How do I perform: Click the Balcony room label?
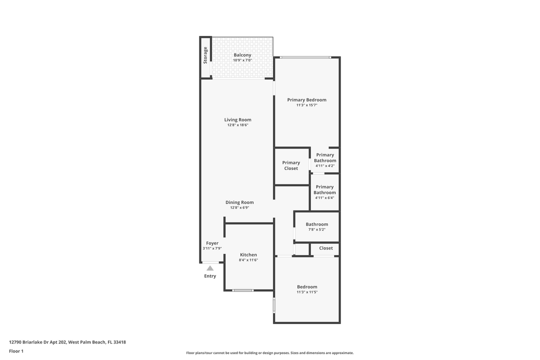pyautogui.click(x=242, y=55)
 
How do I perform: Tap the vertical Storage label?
pyautogui.click(x=205, y=55)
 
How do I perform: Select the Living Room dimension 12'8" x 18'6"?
pyautogui.click(x=237, y=125)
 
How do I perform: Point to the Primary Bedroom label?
pyautogui.click(x=306, y=100)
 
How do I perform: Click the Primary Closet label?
pyautogui.click(x=291, y=165)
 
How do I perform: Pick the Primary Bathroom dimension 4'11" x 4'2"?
pyautogui.click(x=325, y=166)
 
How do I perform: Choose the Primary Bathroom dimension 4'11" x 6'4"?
pyautogui.click(x=324, y=198)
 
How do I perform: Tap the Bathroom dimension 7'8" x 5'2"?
pyautogui.click(x=317, y=230)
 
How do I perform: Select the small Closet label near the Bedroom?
pyautogui.click(x=326, y=248)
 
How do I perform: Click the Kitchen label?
pyautogui.click(x=248, y=255)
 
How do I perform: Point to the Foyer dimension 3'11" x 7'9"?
pyautogui.click(x=212, y=248)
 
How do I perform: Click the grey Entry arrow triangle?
pyautogui.click(x=210, y=268)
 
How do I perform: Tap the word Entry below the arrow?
pyautogui.click(x=210, y=276)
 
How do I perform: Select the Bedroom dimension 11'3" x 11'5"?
pyautogui.click(x=307, y=292)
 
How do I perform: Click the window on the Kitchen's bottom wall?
pyautogui.click(x=243, y=290)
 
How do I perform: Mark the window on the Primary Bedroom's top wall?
pyautogui.click(x=305, y=57)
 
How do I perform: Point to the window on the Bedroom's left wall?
pyautogui.click(x=274, y=305)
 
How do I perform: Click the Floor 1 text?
pyautogui.click(x=16, y=351)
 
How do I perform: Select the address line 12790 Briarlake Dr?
pyautogui.click(x=67, y=342)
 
